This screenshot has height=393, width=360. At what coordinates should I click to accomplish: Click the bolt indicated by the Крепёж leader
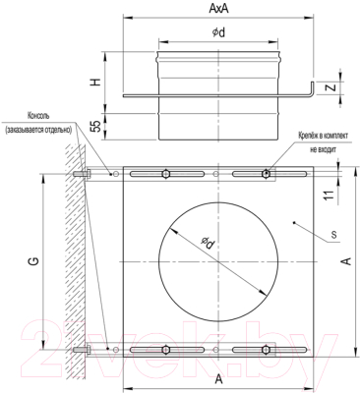266,174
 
